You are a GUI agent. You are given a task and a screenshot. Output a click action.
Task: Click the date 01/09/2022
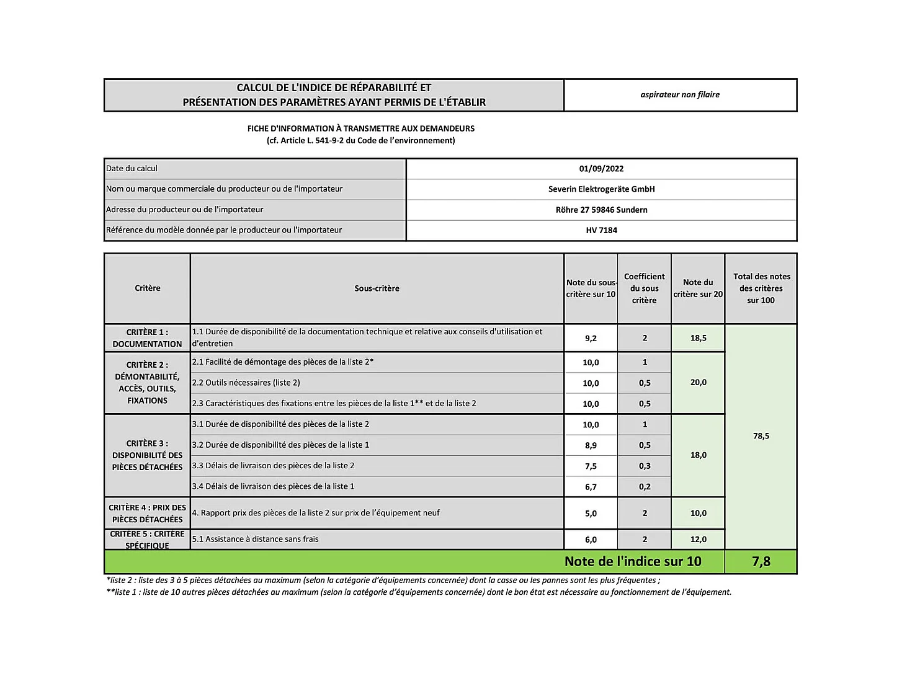[x=601, y=169]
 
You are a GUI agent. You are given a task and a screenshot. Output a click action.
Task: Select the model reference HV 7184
[x=601, y=230]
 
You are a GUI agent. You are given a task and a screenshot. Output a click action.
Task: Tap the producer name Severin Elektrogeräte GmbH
[x=601, y=189]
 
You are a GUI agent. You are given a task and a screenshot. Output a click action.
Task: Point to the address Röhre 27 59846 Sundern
[x=601, y=210]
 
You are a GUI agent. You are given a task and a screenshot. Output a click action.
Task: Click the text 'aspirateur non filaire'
[x=680, y=95]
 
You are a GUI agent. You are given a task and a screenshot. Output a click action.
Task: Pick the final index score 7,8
[x=761, y=561]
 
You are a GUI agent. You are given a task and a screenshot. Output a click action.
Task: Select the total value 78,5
[x=761, y=436]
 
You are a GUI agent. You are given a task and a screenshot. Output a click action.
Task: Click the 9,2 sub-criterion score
[x=591, y=338]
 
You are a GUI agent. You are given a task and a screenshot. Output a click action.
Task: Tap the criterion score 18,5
[x=698, y=338]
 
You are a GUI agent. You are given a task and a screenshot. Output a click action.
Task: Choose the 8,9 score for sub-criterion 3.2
[x=591, y=445]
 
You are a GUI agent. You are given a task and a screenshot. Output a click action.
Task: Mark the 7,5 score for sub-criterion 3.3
[x=591, y=466]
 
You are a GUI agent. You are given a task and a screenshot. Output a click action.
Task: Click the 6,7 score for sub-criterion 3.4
[x=591, y=487]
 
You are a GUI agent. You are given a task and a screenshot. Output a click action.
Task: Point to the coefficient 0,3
[x=645, y=466]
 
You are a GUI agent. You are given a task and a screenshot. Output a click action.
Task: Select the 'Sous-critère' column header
[x=377, y=288]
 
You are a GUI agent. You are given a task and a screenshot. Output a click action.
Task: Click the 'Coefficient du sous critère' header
[x=644, y=288]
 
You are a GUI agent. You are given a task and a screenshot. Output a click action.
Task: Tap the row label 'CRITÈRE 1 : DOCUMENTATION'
[x=147, y=338]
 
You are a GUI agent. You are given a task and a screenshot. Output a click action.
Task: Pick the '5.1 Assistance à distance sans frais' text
[x=255, y=539]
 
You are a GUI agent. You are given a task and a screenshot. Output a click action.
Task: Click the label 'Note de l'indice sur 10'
[x=633, y=561]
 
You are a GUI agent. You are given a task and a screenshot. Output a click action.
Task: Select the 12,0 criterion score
[x=698, y=540]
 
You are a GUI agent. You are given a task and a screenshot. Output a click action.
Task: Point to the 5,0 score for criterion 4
[x=591, y=514]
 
